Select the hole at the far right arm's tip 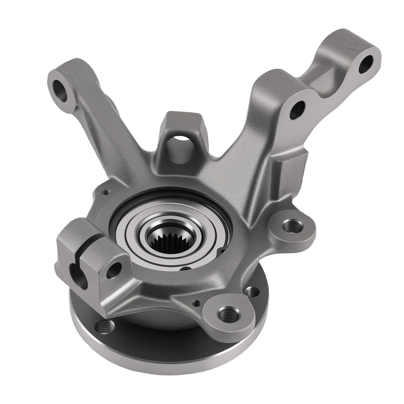coord(366,63)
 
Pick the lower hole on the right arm coord(297,109)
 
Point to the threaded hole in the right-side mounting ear coord(292,226)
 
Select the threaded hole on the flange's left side coord(105,326)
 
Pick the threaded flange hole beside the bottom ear coord(253,291)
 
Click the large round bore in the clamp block coord(78,276)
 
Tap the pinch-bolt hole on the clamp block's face coord(114,270)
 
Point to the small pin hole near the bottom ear coord(196,303)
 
